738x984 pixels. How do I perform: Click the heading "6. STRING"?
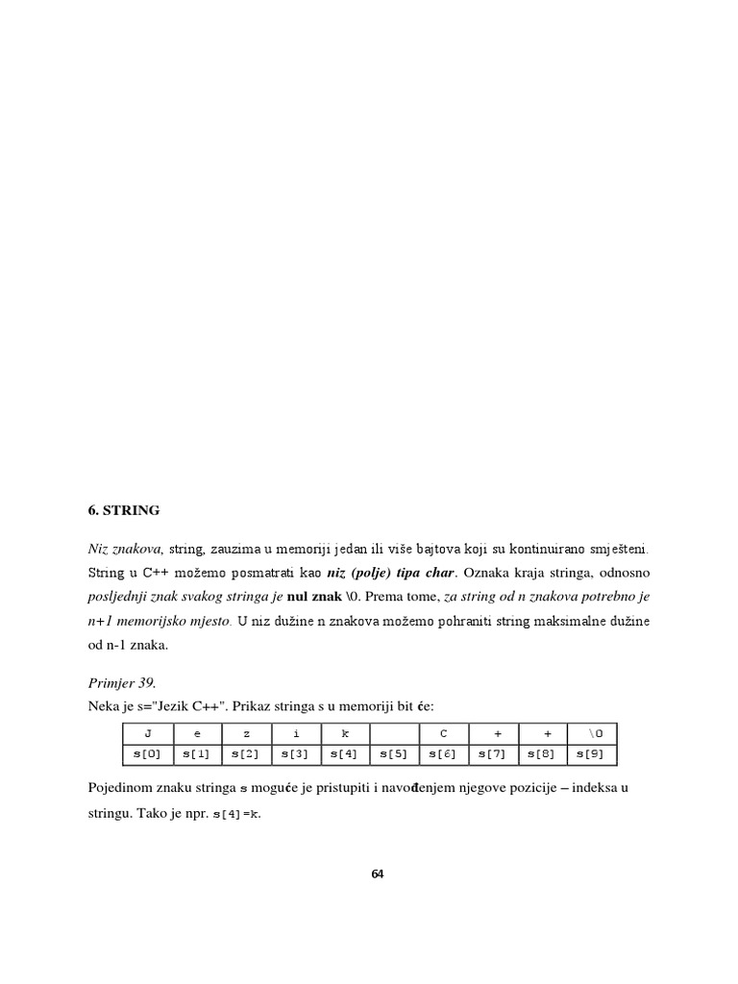pos(124,509)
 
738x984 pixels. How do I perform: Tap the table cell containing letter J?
pos(147,733)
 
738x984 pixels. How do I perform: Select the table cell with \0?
pos(592,733)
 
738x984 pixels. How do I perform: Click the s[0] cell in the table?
pos(147,754)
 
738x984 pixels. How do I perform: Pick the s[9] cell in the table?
pos(592,754)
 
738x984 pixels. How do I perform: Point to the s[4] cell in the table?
pos(344,754)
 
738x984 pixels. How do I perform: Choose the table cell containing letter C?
pos(443,733)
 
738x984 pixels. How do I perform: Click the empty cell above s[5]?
pos(394,733)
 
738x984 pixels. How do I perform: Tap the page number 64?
pos(377,873)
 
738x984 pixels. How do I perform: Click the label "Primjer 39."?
pos(121,683)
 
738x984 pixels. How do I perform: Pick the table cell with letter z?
pos(246,733)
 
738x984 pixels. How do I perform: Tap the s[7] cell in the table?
pos(493,754)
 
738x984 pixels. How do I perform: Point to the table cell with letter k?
pos(344,733)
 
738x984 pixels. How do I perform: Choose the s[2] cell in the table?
pos(246,754)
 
